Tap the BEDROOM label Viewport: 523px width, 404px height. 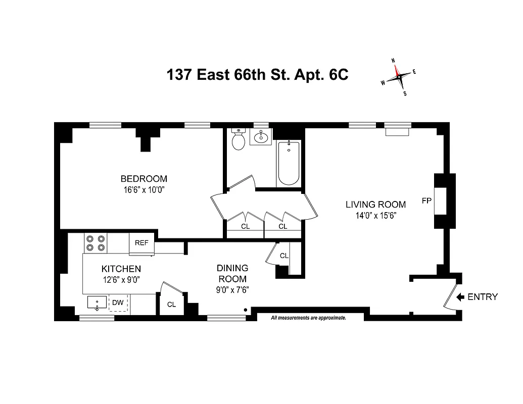[x=144, y=179]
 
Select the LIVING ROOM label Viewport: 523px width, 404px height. [x=375, y=205]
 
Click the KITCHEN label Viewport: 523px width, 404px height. [x=121, y=269]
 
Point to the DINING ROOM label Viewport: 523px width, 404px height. [x=232, y=273]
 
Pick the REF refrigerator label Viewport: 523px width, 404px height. [x=141, y=243]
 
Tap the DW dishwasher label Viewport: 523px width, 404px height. [x=118, y=303]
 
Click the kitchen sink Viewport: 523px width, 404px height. [x=97, y=303]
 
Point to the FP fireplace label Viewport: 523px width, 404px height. [x=426, y=201]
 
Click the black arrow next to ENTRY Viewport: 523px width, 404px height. [x=460, y=297]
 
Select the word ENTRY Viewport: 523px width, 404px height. [x=483, y=297]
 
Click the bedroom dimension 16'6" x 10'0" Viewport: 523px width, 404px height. [x=144, y=190]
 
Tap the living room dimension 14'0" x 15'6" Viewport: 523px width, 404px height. [x=375, y=215]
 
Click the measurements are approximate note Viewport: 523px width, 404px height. [x=308, y=318]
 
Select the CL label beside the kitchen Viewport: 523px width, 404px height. [x=171, y=305]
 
